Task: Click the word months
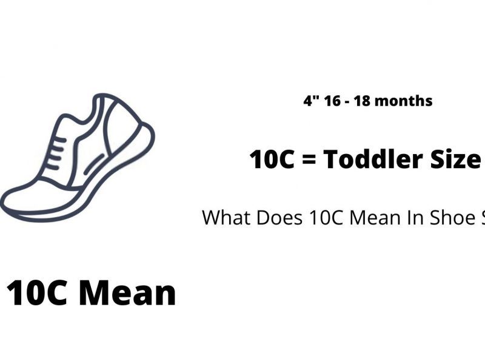pos(405,101)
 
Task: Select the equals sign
pos(309,160)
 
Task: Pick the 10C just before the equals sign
pos(272,160)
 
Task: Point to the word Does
pos(279,217)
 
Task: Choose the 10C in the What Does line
pos(326,217)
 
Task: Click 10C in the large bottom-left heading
pos(36,292)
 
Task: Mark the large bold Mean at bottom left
pos(127,292)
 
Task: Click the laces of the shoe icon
pos(56,153)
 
